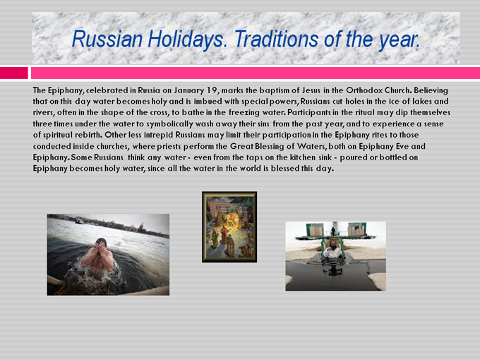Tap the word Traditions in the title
pos(277,40)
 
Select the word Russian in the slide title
pos(107,40)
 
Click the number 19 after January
pos(212,90)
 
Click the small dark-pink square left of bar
pos(14,73)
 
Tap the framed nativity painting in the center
pos(229,227)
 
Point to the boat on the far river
pos(79,221)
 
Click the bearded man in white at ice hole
pos(332,250)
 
